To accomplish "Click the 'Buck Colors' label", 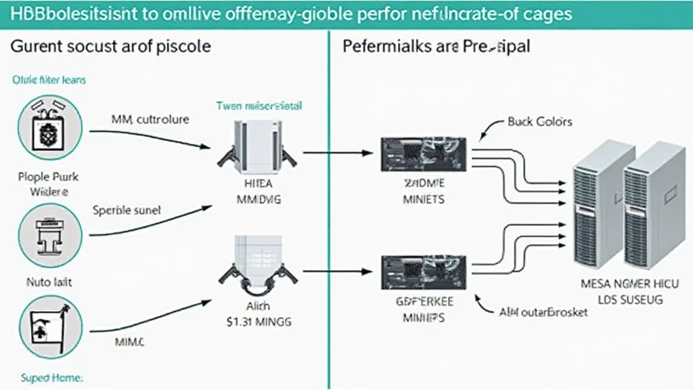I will click(539, 122).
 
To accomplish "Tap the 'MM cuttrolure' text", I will click(150, 119).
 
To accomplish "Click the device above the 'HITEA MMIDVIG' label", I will click(257, 145).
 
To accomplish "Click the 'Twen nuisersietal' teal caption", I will click(259, 106).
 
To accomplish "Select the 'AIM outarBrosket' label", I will click(542, 312).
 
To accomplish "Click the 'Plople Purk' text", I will click(49, 177).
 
